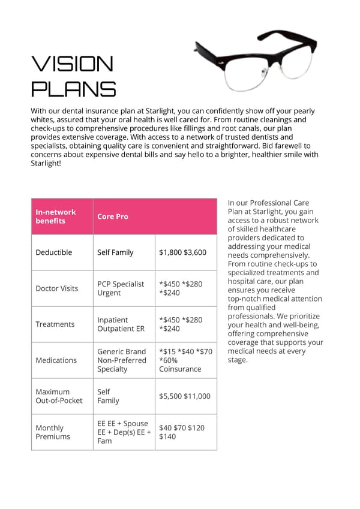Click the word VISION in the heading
point(72,64)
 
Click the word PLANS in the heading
point(73,89)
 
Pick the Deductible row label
point(53,252)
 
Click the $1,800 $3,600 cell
point(182,252)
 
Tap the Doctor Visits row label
point(56,288)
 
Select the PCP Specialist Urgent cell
point(121,288)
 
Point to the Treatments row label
point(55,324)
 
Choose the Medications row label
point(56,360)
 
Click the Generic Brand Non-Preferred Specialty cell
point(122,360)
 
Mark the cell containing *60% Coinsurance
point(185,360)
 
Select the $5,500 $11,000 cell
point(185,396)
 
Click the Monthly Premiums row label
point(53,432)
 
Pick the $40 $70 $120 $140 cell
point(182,432)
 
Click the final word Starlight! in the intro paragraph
point(46,163)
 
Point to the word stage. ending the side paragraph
point(238,360)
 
